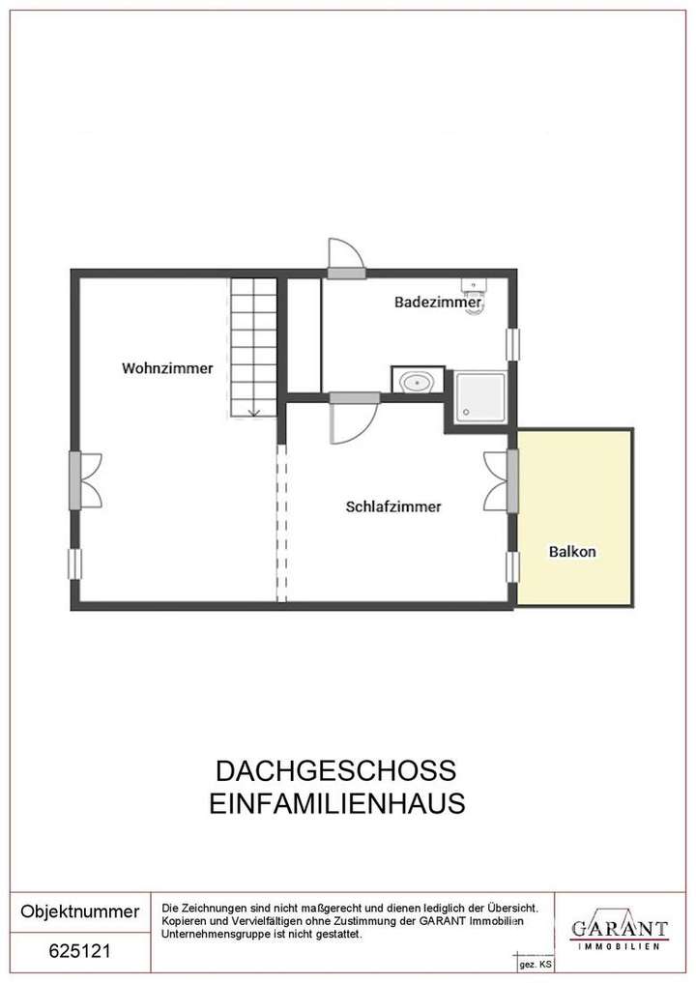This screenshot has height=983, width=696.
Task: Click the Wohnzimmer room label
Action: coord(167,368)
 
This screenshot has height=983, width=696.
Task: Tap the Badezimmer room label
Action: coord(438,303)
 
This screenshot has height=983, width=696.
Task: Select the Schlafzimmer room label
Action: coord(393,506)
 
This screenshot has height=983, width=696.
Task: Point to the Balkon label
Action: coord(572,553)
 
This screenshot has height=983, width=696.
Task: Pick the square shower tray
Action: coord(480,398)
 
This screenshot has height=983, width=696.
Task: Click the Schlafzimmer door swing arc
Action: coord(353,422)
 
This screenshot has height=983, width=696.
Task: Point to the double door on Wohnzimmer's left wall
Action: coord(87,481)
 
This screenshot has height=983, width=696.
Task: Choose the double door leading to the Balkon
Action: coord(500,481)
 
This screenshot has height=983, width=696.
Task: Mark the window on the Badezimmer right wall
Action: coord(513,345)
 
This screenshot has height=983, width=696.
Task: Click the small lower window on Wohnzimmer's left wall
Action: coord(74,564)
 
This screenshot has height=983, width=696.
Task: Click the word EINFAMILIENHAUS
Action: coord(337,803)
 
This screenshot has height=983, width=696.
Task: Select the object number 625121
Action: coord(79,951)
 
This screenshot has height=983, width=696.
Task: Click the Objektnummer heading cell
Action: coord(79,911)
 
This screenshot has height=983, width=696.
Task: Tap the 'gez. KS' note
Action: coord(536,965)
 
